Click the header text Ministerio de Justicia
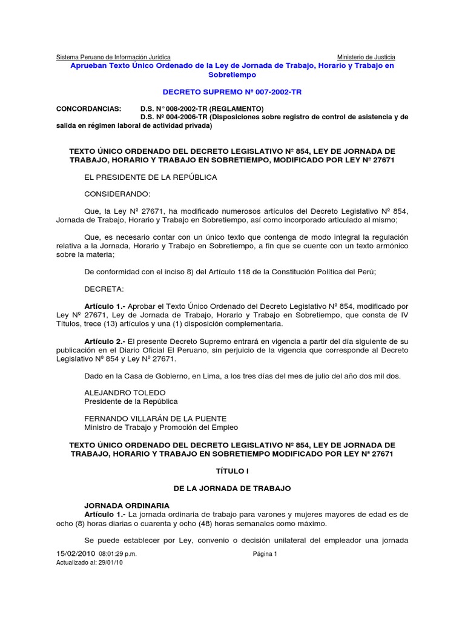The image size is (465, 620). [366, 57]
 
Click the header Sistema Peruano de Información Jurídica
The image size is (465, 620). [113, 57]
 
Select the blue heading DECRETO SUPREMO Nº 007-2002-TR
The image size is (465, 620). [232, 92]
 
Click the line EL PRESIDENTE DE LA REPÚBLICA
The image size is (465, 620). [150, 177]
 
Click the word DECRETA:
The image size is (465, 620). [103, 289]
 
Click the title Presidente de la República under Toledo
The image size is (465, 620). [131, 401]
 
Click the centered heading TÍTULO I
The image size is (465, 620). [232, 470]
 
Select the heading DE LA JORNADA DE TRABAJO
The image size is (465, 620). [232, 488]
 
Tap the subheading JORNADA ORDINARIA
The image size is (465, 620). [127, 506]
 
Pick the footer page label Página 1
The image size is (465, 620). [265, 554]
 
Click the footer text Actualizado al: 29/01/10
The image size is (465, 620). [88, 562]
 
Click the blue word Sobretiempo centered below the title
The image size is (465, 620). [232, 74]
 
